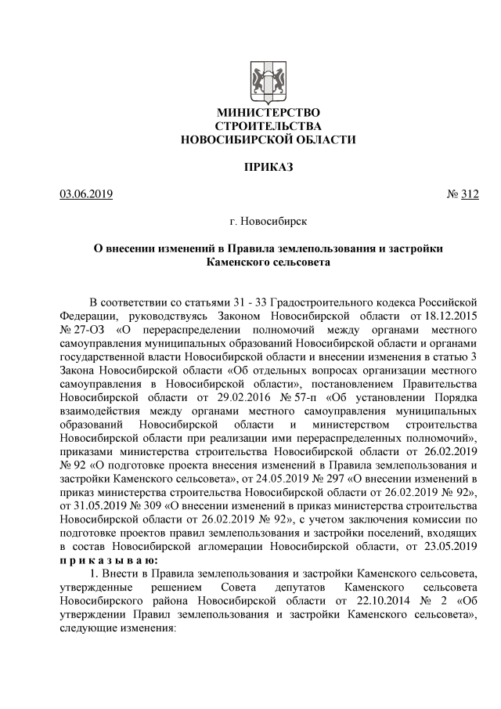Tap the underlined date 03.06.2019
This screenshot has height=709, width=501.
pyautogui.click(x=86, y=194)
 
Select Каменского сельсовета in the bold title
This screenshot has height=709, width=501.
pyautogui.click(x=268, y=262)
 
